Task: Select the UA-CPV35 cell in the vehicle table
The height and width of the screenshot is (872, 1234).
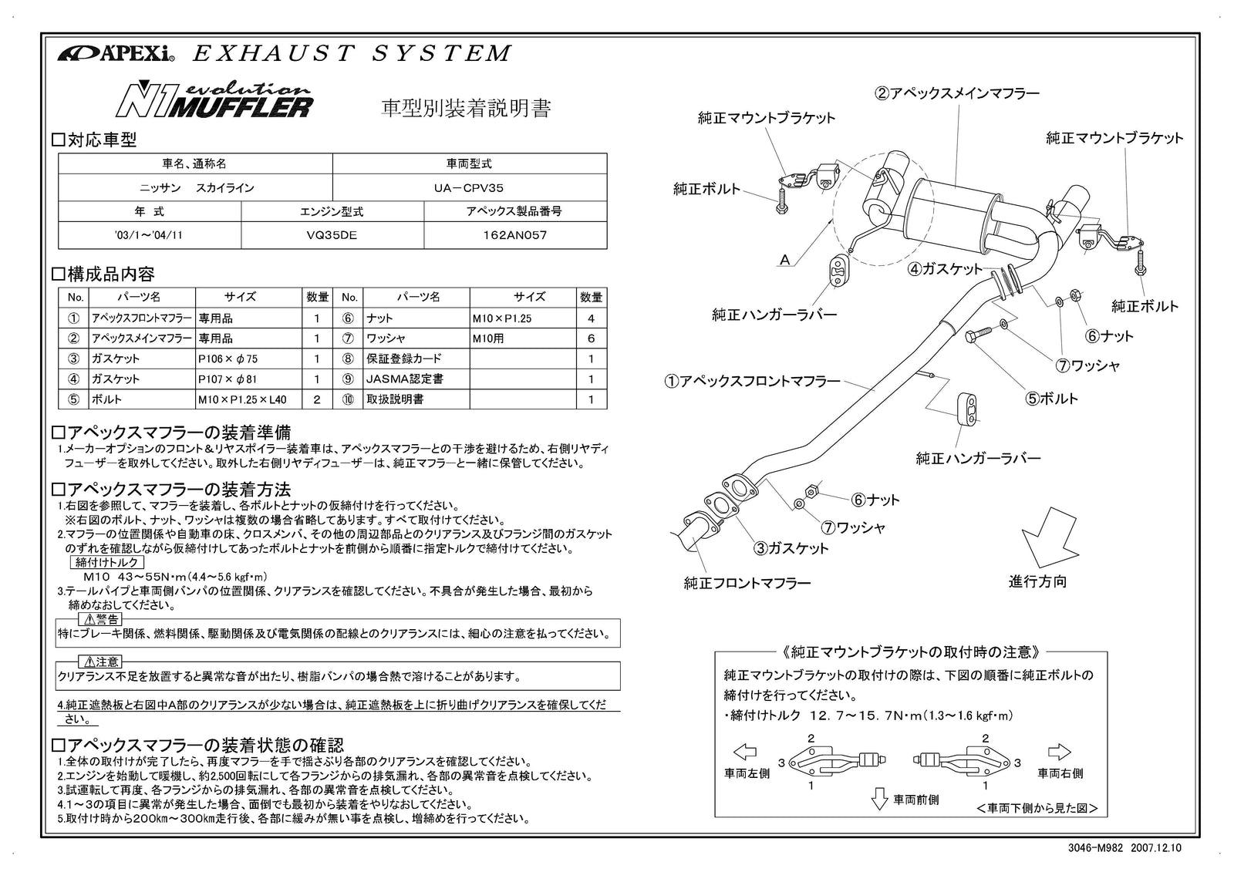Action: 469,187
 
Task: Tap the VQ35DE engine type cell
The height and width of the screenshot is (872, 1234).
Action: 332,235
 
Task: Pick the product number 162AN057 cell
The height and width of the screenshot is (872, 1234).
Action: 514,235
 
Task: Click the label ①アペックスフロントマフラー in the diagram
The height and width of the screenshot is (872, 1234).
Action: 753,381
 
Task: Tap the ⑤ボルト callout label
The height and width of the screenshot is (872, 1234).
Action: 1051,399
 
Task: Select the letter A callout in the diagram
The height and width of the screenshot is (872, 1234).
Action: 785,260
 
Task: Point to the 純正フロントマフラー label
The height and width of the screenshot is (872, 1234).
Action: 747,583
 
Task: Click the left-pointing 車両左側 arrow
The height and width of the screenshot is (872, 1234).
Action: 744,752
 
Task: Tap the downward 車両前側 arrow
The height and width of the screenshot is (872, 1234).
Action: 879,800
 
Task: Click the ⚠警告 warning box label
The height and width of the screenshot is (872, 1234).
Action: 100,620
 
